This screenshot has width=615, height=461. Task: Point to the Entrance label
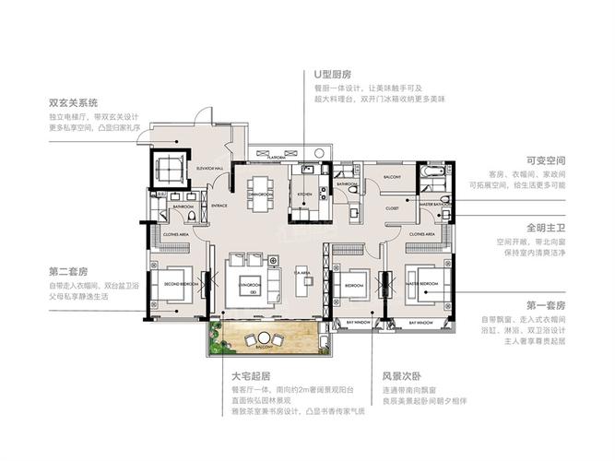tap(219, 205)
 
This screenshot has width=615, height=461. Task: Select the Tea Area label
tap(301, 273)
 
